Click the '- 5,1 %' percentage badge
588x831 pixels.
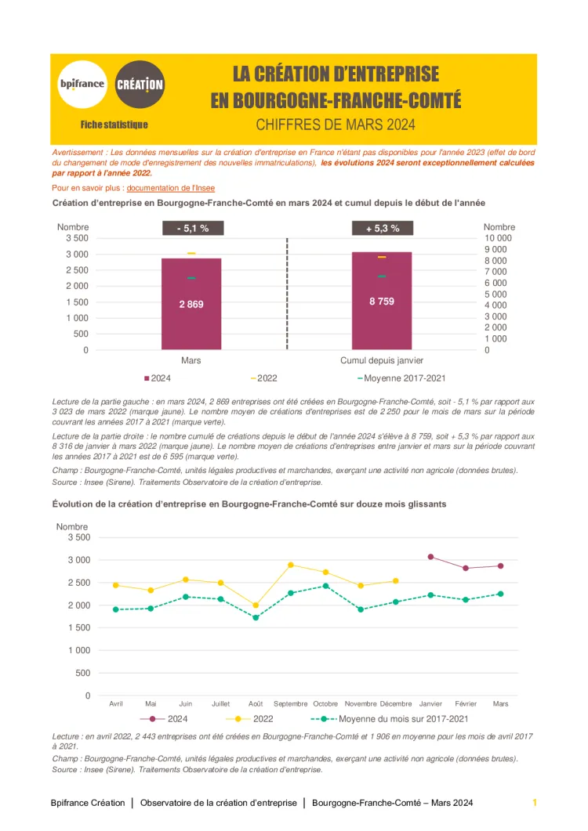click(x=193, y=229)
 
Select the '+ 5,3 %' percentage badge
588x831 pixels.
click(x=382, y=229)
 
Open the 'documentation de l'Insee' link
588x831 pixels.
click(x=170, y=188)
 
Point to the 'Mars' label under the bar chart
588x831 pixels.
click(x=191, y=361)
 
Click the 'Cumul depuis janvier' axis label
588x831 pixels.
click(x=382, y=361)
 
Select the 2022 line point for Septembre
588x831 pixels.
click(x=291, y=565)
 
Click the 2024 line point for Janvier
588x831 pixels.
click(x=430, y=557)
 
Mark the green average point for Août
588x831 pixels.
click(x=255, y=618)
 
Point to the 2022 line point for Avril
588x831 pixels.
click(x=116, y=585)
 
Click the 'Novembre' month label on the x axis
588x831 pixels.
click(x=361, y=703)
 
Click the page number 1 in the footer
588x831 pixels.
click(x=534, y=803)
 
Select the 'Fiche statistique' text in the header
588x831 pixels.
click(x=114, y=125)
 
